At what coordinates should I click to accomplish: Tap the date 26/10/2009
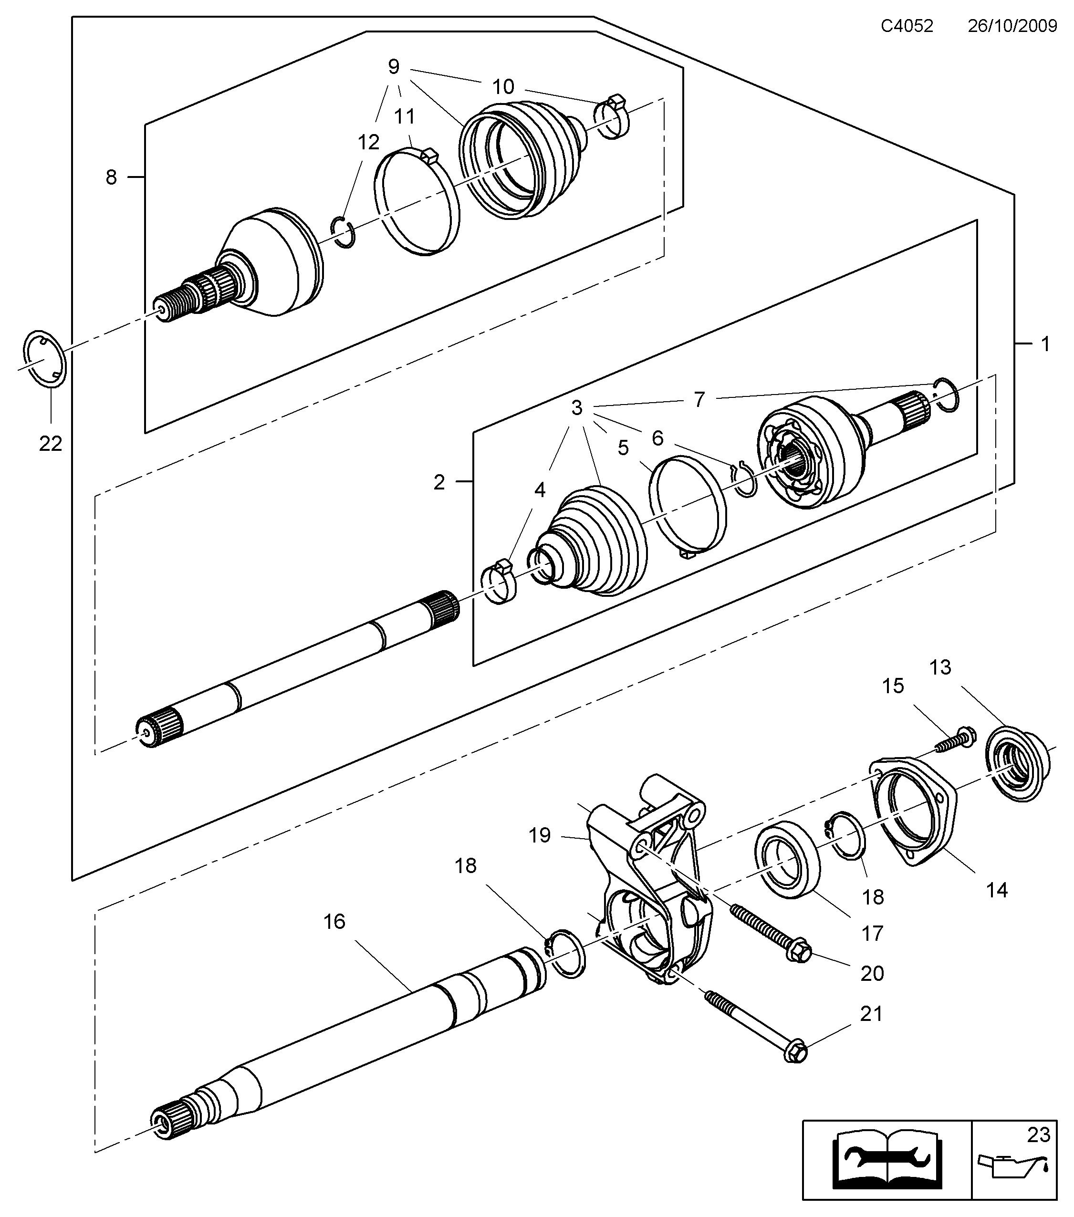coord(1012,26)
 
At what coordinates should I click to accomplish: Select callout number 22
coord(51,443)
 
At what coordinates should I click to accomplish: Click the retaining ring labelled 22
coord(44,360)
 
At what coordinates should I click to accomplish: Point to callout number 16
coord(334,922)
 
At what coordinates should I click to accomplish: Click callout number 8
coord(111,177)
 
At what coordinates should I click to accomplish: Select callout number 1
coord(1045,343)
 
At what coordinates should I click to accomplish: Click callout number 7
coord(699,399)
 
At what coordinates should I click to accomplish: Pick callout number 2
coord(439,482)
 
